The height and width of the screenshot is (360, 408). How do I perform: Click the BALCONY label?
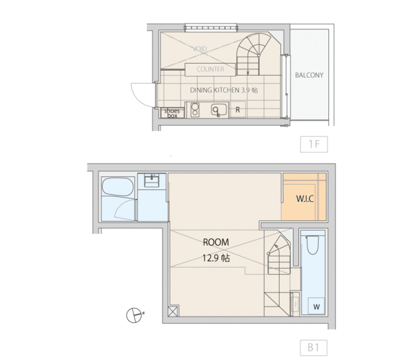pyautogui.click(x=309, y=75)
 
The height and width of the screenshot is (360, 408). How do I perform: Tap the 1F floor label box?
pyautogui.click(x=314, y=144)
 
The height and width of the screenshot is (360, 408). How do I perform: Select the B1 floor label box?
pyautogui.click(x=314, y=347)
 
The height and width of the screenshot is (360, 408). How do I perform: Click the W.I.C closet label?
pyautogui.click(x=305, y=199)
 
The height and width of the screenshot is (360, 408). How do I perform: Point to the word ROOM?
pyautogui.click(x=215, y=242)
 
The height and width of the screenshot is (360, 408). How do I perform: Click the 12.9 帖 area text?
pyautogui.click(x=216, y=258)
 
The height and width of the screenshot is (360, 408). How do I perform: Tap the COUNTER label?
pyautogui.click(x=210, y=69)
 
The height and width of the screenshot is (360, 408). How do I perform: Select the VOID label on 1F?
pyautogui.click(x=200, y=48)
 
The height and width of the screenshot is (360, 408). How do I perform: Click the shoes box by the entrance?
pyautogui.click(x=172, y=113)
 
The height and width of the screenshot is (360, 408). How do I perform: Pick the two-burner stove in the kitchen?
pyautogui.click(x=194, y=110)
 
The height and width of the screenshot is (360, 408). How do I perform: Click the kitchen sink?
pyautogui.click(x=219, y=110)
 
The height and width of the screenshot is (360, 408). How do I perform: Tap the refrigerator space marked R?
pyautogui.click(x=238, y=110)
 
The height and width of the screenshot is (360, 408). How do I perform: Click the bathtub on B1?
pyautogui.click(x=117, y=187)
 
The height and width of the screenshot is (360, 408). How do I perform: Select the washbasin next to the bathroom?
pyautogui.click(x=152, y=181)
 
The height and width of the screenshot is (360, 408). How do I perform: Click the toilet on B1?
pyautogui.click(x=312, y=245)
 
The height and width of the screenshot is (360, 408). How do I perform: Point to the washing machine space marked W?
pyautogui.click(x=316, y=307)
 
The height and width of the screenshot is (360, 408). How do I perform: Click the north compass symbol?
pyautogui.click(x=134, y=315)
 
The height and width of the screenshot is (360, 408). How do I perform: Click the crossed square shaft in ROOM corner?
pyautogui.click(x=173, y=311)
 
